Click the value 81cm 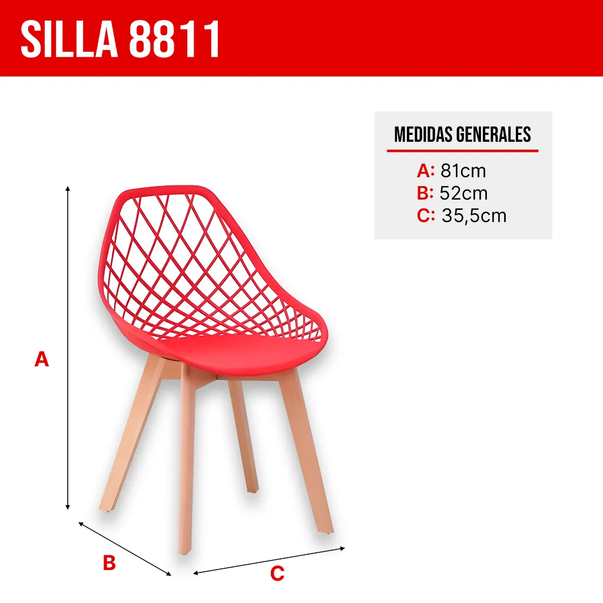click(x=463, y=171)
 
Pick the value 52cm click(x=464, y=193)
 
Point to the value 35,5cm click(x=474, y=216)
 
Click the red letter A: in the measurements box click(x=425, y=171)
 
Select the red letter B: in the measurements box click(x=425, y=193)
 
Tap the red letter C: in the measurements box click(x=426, y=216)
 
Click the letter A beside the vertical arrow click(x=41, y=359)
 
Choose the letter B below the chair click(x=109, y=563)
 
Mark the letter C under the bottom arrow click(x=277, y=573)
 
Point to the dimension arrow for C click(x=269, y=560)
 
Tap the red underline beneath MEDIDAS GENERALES click(x=462, y=151)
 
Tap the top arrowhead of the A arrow click(x=68, y=189)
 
